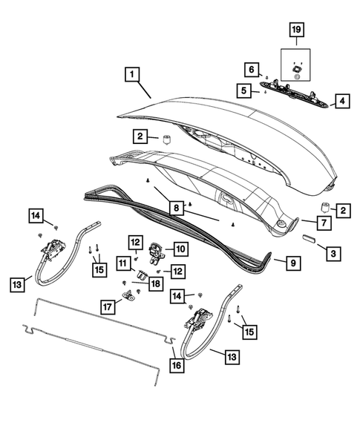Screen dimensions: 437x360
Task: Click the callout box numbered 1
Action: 131,74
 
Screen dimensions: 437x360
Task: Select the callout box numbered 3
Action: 334,254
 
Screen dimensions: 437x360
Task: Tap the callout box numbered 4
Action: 342,100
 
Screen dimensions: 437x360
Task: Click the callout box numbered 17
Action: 108,306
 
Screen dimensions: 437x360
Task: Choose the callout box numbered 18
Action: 155,283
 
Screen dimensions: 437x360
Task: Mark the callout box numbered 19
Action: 296,30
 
